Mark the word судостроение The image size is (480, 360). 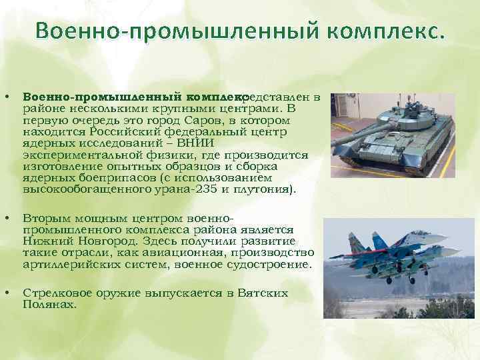270,264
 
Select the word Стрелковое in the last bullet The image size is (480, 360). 55,293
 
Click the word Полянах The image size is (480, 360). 49,304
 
